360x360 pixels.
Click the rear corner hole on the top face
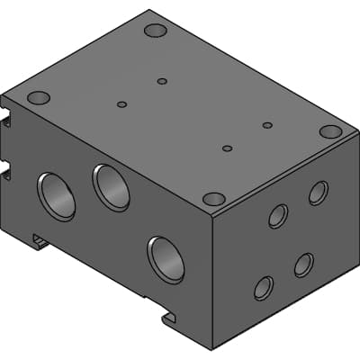tap(156, 31)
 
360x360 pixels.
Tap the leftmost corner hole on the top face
tap(38, 97)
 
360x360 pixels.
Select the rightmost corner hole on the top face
tap(330, 131)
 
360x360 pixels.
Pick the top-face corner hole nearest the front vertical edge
tap(214, 199)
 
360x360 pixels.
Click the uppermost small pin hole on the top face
tap(162, 81)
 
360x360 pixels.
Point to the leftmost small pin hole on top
tap(121, 104)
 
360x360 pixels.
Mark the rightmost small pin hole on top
tap(267, 125)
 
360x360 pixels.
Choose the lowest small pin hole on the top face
tap(227, 148)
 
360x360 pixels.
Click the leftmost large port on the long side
tap(57, 195)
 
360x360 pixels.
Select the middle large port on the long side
tap(112, 186)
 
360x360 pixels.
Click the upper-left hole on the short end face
tap(278, 216)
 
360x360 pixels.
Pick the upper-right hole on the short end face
tap(318, 193)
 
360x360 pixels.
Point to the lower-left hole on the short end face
tap(264, 287)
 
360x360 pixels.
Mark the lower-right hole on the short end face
tap(303, 265)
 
